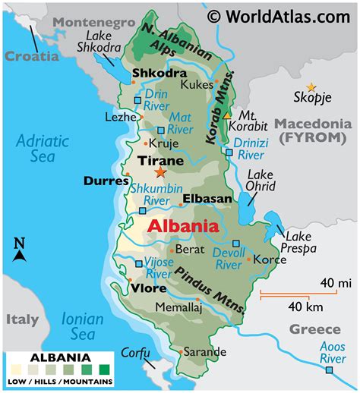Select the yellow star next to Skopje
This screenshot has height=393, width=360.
point(310,88)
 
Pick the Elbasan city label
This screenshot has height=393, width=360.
point(207,199)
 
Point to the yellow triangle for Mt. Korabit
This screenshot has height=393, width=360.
point(226,115)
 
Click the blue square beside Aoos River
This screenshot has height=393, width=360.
point(329,370)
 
